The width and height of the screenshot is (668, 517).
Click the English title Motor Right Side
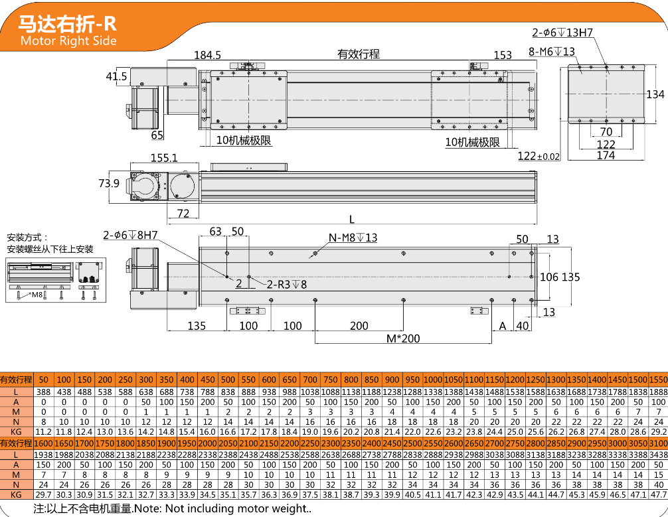tap(68, 41)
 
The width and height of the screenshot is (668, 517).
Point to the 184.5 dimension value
tap(207, 55)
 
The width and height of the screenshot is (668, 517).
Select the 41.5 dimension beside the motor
tap(116, 76)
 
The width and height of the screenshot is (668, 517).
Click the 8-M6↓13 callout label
tap(552, 51)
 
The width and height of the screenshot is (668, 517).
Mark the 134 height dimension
tap(655, 94)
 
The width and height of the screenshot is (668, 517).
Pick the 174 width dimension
tap(606, 155)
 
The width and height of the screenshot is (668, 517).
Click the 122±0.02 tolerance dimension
tap(539, 156)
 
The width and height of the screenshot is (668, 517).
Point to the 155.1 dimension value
tap(164, 158)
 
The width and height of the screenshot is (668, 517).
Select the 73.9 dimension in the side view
tap(109, 183)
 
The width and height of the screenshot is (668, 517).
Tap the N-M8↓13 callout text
tap(353, 238)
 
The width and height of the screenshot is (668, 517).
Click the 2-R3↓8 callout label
tap(287, 284)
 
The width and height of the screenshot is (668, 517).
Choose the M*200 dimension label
tap(403, 338)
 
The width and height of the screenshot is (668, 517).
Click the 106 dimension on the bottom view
tap(549, 277)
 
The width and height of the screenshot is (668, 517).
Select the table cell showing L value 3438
tap(659, 454)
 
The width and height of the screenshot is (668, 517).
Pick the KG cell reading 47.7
tap(659, 494)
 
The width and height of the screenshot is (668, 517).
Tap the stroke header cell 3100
tap(659, 443)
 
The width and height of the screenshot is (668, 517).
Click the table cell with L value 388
tap(44, 392)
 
